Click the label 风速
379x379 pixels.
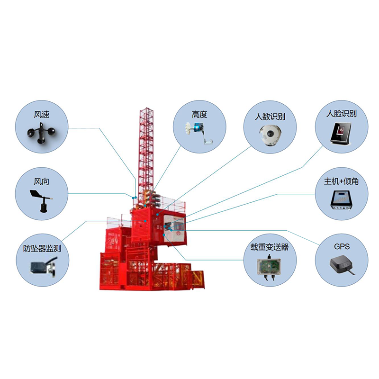(42, 114)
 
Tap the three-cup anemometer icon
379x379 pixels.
(41, 133)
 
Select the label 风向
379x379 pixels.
(42, 181)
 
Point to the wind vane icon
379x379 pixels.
(41, 201)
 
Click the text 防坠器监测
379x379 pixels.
(42, 248)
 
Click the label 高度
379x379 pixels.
(199, 115)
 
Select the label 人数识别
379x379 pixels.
(270, 117)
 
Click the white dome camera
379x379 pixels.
(270, 135)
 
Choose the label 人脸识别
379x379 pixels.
(342, 114)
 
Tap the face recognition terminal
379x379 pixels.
(341, 133)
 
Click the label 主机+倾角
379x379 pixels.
(341, 181)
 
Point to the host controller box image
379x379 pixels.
(341, 200)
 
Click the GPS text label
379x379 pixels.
(342, 246)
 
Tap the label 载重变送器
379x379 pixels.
(270, 247)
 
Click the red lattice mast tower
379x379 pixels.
(146, 155)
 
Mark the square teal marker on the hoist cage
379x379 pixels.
(164, 235)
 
